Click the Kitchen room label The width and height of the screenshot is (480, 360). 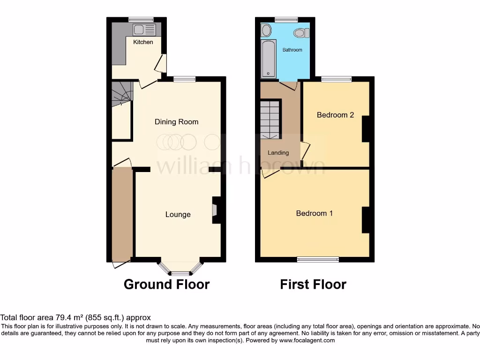[x=143, y=42]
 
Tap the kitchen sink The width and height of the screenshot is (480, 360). [x=144, y=30]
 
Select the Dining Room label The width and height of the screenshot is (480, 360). [x=177, y=122]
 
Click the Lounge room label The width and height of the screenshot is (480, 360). [x=178, y=215]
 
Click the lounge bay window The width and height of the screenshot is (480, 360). [x=180, y=270]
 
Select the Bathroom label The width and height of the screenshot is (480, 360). [x=292, y=50]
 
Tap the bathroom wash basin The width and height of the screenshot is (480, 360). [x=266, y=30]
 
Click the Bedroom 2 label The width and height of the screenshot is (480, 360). [x=335, y=115]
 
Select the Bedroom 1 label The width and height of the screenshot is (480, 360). [x=315, y=213]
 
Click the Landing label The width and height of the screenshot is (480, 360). [x=278, y=153]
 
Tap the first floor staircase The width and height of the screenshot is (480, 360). [x=270, y=120]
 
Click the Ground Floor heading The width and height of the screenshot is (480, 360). [x=166, y=284]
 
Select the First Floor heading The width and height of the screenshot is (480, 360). [x=313, y=284]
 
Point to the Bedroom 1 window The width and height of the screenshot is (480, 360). [x=319, y=259]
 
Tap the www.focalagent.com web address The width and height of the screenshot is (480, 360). [x=307, y=341]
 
